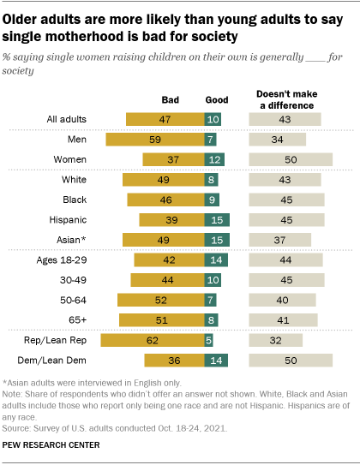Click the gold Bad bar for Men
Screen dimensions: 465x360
[154, 139]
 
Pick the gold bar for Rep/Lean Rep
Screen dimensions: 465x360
[152, 341]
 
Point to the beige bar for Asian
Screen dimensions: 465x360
[279, 240]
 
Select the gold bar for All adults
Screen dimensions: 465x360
[165, 119]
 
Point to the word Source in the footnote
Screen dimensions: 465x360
[19, 426]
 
